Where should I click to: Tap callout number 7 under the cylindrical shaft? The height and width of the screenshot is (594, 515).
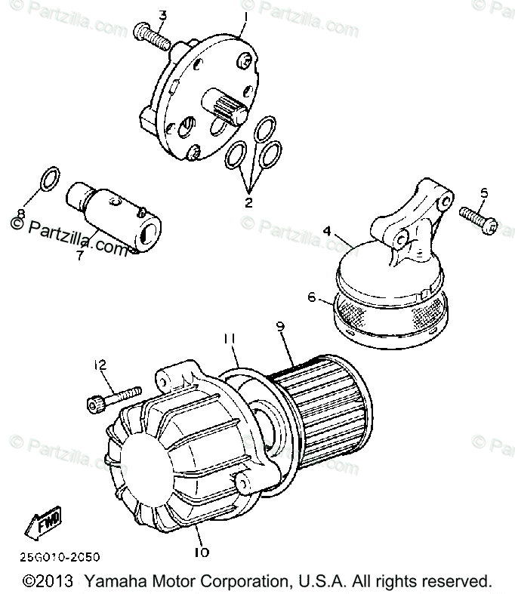[79, 257]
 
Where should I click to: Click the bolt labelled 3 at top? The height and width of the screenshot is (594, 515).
[150, 35]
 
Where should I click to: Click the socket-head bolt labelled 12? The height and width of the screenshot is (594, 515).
[114, 397]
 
